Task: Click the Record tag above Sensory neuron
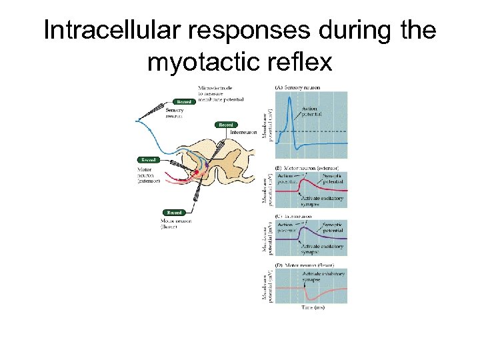183,102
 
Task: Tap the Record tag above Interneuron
226,125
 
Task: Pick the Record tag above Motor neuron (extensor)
148,160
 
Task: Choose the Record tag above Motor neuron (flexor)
174,213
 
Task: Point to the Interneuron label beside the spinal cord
243,132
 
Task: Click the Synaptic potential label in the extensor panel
333,179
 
